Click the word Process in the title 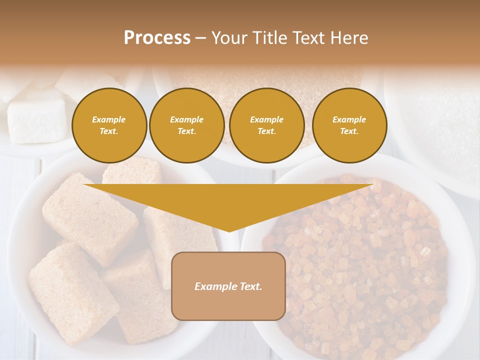(x=157, y=38)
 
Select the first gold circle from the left (x=109, y=125)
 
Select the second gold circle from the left (x=187, y=125)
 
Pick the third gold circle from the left (x=267, y=125)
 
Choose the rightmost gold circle (x=349, y=125)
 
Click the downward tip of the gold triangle (x=229, y=230)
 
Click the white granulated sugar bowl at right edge (x=445, y=125)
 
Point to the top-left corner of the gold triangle (x=85, y=185)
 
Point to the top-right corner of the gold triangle (x=372, y=185)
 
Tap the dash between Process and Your (x=200, y=38)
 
